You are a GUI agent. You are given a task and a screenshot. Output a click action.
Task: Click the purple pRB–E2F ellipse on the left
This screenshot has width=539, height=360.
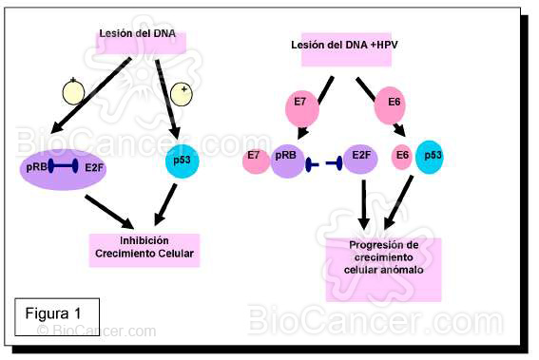coord(62,169)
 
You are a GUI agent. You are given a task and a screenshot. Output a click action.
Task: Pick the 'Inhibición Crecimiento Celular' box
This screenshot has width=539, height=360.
coord(144,249)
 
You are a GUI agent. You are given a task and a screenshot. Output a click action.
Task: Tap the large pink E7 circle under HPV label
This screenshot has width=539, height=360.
coord(298,103)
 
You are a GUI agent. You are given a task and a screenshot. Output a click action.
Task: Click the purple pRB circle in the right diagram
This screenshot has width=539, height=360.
coord(287,159)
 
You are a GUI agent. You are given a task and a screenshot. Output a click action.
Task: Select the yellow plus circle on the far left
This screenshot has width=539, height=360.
coord(74,91)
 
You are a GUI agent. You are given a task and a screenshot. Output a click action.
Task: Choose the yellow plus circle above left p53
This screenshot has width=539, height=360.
coord(181,93)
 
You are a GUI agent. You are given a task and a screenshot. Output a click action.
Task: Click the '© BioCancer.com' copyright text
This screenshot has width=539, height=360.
coord(96,332)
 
